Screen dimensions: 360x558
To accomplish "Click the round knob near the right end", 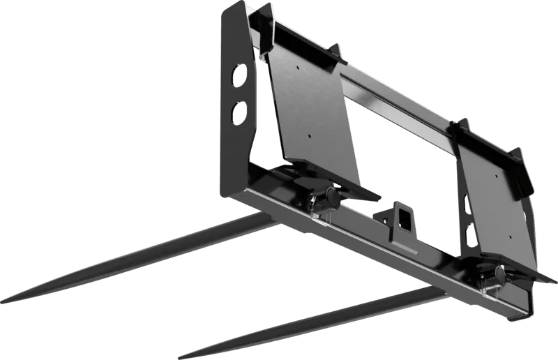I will [x=500, y=273].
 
